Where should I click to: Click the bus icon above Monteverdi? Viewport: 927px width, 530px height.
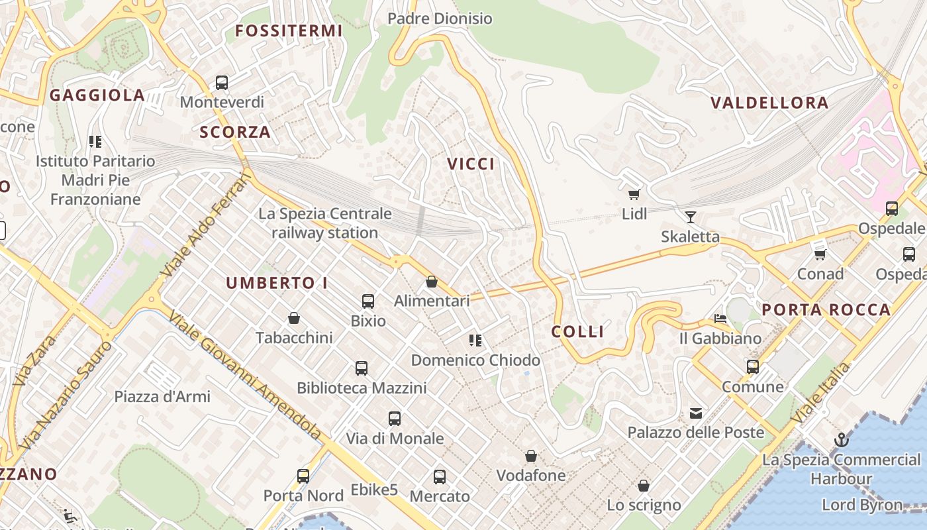(222, 83)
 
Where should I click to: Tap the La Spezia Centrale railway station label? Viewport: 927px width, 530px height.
(325, 223)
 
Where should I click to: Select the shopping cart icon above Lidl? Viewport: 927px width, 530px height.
(634, 194)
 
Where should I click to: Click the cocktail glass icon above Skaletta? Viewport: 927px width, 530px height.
(691, 217)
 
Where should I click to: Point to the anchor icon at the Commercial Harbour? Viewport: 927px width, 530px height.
(841, 440)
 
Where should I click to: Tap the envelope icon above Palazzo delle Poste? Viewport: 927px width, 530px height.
(695, 413)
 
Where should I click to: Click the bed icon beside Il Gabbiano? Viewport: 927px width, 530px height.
(720, 319)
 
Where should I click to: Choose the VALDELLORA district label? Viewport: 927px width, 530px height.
(769, 103)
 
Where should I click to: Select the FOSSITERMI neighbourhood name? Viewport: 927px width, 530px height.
(289, 30)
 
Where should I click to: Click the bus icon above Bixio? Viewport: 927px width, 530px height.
(368, 301)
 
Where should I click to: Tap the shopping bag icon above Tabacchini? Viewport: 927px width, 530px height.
(294, 319)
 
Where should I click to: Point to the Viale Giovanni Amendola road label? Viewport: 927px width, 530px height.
(244, 375)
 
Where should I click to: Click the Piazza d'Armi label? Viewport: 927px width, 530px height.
(162, 397)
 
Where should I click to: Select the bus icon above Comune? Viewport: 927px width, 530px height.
(752, 367)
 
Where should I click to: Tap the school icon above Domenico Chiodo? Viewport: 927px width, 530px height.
(475, 341)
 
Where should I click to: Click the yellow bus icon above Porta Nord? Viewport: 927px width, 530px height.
(303, 476)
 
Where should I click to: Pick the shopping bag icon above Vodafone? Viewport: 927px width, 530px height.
(530, 456)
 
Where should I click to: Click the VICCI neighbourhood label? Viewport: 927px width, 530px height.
(471, 164)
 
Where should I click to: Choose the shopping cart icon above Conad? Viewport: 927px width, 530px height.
(820, 254)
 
